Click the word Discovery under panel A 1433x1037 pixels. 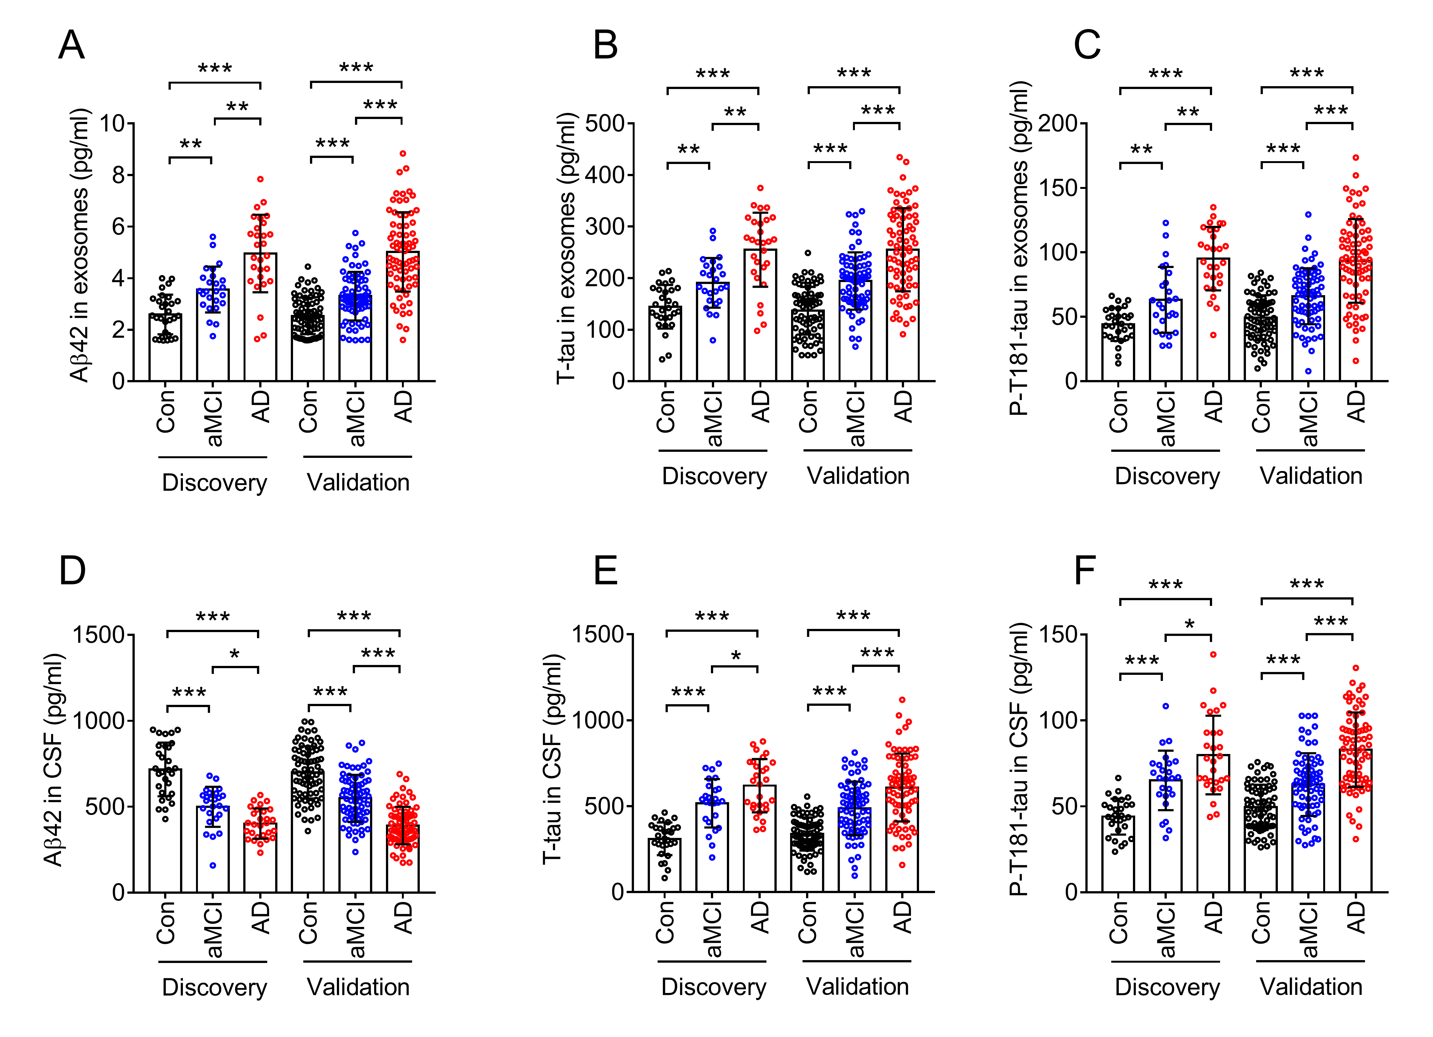click(214, 482)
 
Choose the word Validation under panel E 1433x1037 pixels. click(857, 987)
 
